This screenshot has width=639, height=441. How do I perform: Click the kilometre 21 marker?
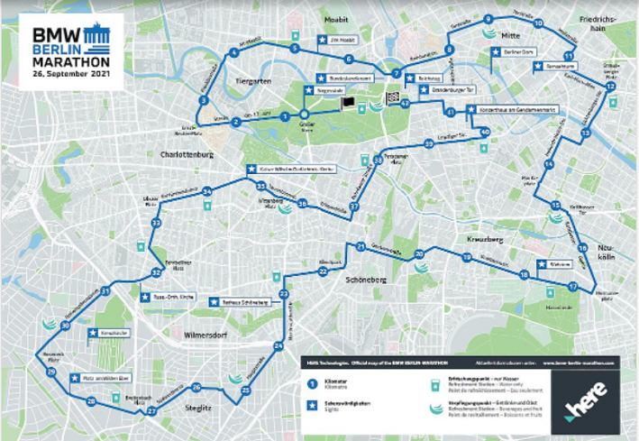(x=360, y=246)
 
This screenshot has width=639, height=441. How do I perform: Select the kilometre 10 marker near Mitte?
(x=538, y=23)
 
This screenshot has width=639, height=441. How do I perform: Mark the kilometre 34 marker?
(x=207, y=191)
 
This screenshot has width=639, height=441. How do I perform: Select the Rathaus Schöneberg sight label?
(x=242, y=302)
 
